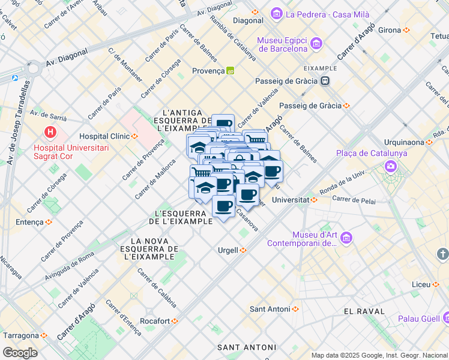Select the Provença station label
208,71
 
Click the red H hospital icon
51,131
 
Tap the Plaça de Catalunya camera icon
391,166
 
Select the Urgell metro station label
228,250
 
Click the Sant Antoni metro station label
270,309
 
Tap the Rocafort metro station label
155,321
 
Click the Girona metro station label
390,29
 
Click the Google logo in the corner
20,352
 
